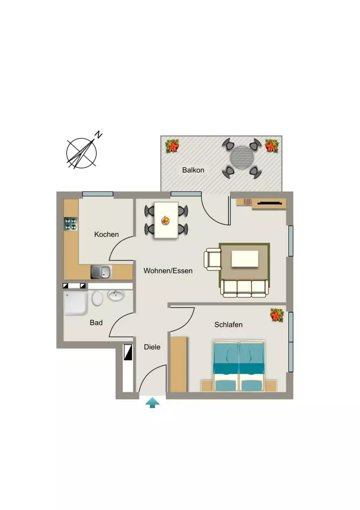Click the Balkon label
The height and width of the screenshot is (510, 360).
pyautogui.click(x=193, y=170)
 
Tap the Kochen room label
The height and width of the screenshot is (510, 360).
pyautogui.click(x=107, y=235)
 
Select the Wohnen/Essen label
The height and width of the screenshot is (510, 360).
pyautogui.click(x=168, y=270)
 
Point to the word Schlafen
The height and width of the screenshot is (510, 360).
pyautogui.click(x=228, y=325)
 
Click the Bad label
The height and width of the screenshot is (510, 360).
pyautogui.click(x=96, y=323)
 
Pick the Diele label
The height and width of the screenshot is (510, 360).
pyautogui.click(x=152, y=347)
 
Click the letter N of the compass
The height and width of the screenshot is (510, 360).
pyautogui.click(x=99, y=134)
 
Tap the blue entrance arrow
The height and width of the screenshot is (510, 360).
pyautogui.click(x=152, y=403)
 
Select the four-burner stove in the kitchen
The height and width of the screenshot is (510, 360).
pyautogui.click(x=71, y=224)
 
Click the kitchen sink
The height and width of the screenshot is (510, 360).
pyautogui.click(x=101, y=272)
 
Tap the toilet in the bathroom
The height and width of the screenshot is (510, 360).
pyautogui.click(x=97, y=298)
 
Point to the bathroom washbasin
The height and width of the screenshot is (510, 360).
pyautogui.click(x=116, y=295)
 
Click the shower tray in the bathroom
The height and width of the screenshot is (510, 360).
pyautogui.click(x=76, y=303)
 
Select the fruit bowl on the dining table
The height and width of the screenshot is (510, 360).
pyautogui.click(x=166, y=221)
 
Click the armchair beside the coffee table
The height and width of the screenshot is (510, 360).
pyautogui.click(x=213, y=259)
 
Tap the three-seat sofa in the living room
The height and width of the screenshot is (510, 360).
pyautogui.click(x=244, y=288)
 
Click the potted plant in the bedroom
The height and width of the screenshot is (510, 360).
pyautogui.click(x=277, y=315)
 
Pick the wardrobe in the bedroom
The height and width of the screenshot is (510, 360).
pyautogui.click(x=179, y=364)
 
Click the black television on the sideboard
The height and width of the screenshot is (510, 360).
pyautogui.click(x=269, y=203)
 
